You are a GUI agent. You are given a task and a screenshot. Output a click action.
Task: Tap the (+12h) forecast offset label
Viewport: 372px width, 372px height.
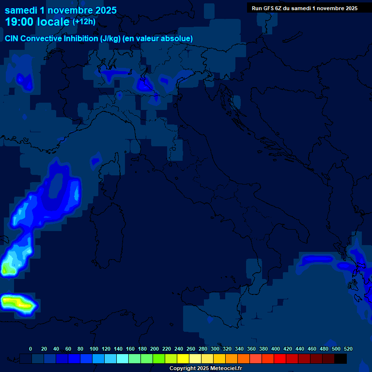coord(84,22)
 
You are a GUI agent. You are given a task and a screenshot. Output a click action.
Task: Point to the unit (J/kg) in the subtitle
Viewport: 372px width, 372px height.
coord(112,38)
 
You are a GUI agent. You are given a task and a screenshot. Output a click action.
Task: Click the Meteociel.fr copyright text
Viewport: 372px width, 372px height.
coord(205,369)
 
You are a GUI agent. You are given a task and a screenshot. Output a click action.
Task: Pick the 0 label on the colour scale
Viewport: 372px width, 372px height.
coord(31,349)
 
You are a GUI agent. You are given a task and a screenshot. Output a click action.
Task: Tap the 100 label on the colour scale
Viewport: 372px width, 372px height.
coord(94,349)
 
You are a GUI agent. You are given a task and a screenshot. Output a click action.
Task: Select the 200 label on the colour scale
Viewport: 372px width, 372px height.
coord(155,349)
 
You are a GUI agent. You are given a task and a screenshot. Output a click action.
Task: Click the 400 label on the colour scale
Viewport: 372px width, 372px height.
coord(276,349)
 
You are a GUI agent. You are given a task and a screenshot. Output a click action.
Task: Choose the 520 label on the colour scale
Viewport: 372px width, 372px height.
coord(348,349)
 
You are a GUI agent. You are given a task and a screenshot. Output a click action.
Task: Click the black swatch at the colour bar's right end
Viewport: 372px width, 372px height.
coord(341,358)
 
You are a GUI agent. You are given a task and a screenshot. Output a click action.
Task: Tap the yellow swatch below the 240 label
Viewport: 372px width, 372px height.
coord(183,358)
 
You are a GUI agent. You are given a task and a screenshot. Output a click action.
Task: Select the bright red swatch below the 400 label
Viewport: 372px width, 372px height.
coord(280,358)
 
